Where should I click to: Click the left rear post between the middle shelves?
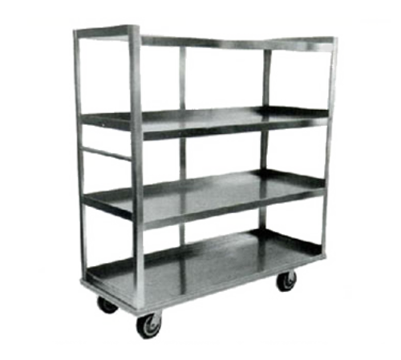coord(183,152)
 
